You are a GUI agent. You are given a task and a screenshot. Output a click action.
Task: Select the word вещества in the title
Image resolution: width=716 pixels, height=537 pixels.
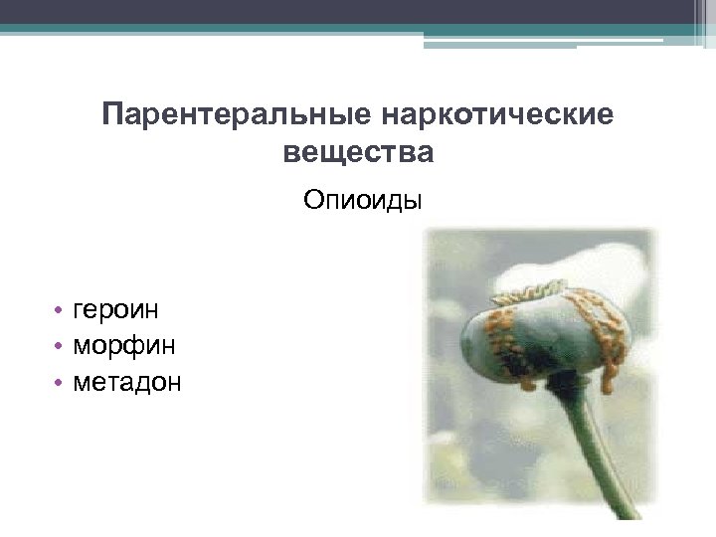pos(358,152)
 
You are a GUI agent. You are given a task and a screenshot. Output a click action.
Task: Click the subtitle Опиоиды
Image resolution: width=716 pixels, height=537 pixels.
pos(363,201)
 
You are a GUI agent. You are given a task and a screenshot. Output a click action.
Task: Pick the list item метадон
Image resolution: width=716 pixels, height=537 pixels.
pos(127,381)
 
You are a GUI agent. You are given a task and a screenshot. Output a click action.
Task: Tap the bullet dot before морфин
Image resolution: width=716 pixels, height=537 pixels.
pos(61,346)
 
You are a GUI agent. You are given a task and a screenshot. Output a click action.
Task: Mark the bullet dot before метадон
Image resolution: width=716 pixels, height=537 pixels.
pos(61,382)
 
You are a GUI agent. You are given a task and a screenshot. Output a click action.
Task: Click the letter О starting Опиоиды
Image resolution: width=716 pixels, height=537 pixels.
pos(313,201)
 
